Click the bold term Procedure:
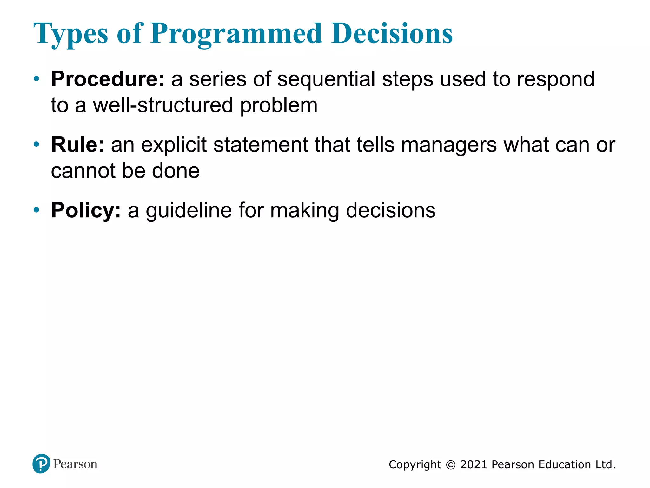108,79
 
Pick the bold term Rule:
77,145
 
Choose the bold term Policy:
86,210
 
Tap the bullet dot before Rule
36,145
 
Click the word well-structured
163,105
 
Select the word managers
449,145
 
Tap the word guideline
189,210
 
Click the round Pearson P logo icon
41,464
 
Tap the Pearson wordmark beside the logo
75,464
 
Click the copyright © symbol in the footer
450,465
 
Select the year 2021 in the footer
473,465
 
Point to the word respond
555,79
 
